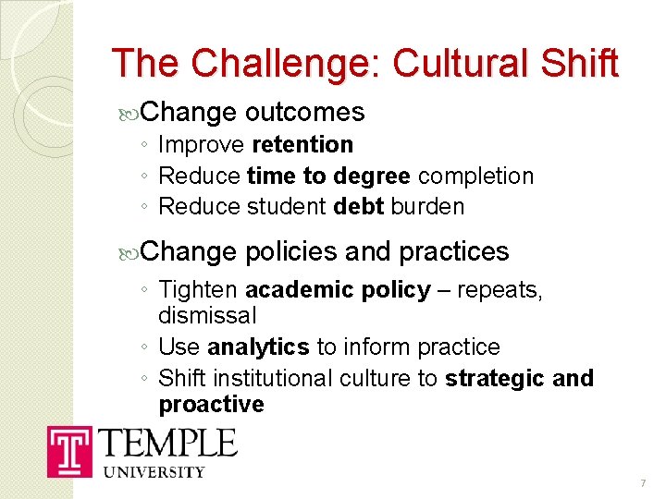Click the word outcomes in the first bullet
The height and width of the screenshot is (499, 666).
pyautogui.click(x=305, y=113)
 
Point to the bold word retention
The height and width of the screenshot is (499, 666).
pyautogui.click(x=302, y=145)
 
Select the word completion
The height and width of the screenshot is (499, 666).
pyautogui.click(x=475, y=176)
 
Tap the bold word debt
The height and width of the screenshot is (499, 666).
pyautogui.click(x=358, y=207)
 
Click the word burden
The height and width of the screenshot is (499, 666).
pyautogui.click(x=427, y=207)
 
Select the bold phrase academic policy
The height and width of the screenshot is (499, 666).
pyautogui.click(x=338, y=291)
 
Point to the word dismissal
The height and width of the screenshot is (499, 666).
pyautogui.click(x=207, y=316)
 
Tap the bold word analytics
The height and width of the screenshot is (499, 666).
pyautogui.click(x=258, y=347)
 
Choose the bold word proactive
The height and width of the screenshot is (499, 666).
pyautogui.click(x=211, y=405)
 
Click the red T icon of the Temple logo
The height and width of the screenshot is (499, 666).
pyautogui.click(x=69, y=452)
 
